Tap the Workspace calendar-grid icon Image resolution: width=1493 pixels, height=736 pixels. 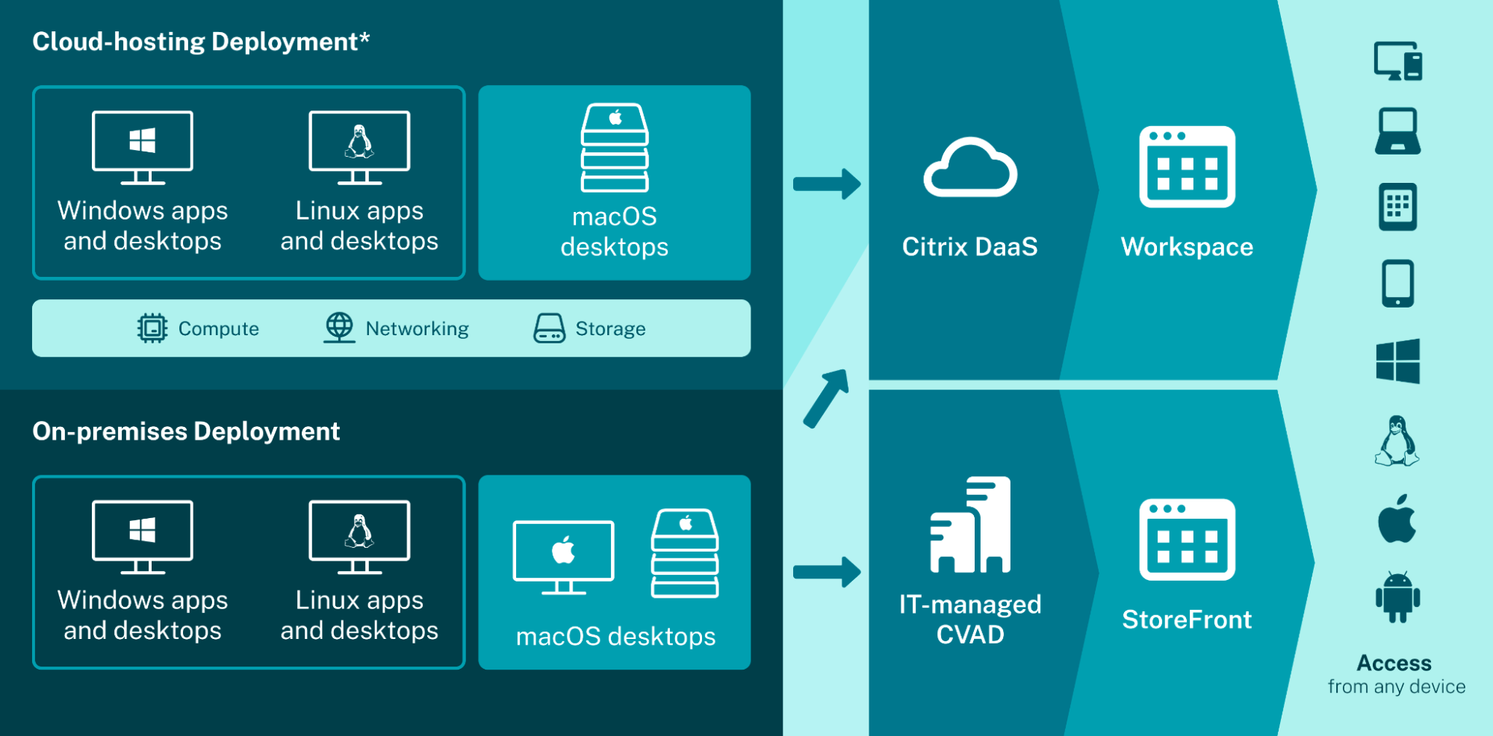point(1187,166)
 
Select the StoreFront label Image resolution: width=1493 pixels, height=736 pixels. point(1187,620)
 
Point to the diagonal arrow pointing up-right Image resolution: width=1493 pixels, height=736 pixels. point(827,397)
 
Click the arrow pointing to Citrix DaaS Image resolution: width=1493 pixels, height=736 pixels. point(827,184)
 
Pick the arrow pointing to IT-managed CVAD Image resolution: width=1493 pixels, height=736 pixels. point(827,573)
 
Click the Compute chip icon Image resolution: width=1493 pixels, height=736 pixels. point(152,328)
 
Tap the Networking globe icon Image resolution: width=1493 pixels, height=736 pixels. point(339,328)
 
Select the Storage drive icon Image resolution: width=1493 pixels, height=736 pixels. point(549,328)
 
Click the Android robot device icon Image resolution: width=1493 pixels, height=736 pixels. point(1397,597)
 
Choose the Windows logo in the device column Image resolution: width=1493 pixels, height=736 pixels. point(1397,361)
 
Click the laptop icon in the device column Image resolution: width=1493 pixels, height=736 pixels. point(1397,131)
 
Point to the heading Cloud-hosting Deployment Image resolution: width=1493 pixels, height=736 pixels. point(201,42)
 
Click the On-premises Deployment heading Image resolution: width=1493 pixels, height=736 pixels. point(186,431)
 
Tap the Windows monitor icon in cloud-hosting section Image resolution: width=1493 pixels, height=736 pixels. point(142,147)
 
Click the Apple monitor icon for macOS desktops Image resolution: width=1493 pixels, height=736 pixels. point(563,557)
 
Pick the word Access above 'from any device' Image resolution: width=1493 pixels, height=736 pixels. point(1394,663)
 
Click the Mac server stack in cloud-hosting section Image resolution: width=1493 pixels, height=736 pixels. point(615,147)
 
